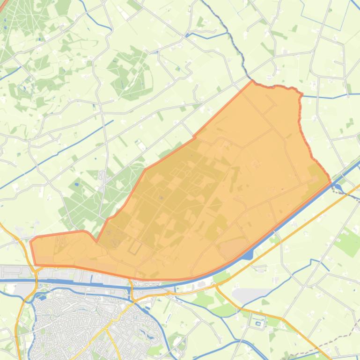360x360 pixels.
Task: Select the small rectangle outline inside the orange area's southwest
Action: tap(136, 247)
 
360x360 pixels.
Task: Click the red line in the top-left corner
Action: tap(6, 19)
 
